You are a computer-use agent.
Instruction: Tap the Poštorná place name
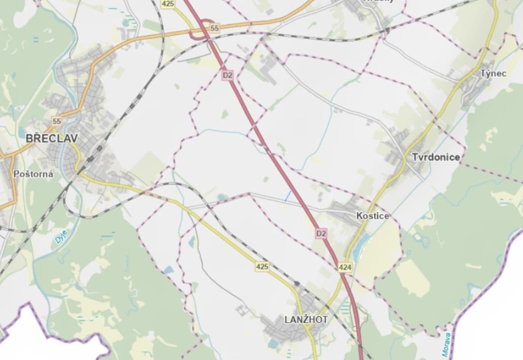[33, 174]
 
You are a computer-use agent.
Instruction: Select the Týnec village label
[493, 73]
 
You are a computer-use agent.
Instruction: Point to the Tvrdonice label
[436, 157]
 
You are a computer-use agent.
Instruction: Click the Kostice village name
[372, 216]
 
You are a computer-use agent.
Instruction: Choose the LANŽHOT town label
[306, 319]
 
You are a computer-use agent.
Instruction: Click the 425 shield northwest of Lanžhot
[262, 266]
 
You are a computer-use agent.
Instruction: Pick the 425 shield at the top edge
[168, 4]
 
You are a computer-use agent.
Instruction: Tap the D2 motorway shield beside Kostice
[320, 233]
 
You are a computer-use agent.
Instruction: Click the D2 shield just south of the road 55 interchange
[227, 75]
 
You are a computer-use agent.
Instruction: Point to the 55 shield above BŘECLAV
[56, 121]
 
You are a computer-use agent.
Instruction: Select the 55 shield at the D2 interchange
[214, 28]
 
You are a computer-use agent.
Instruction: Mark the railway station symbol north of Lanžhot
[297, 284]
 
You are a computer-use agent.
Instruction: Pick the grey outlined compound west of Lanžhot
[243, 310]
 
